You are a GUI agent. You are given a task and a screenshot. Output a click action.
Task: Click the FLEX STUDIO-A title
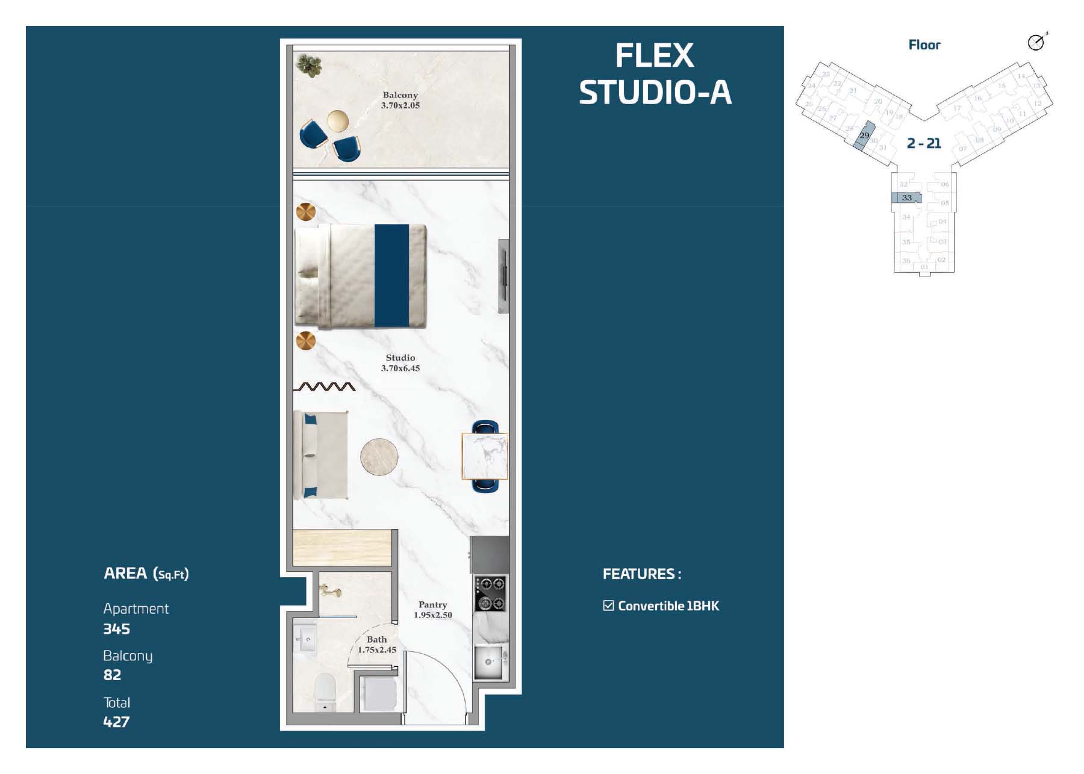[x=655, y=73]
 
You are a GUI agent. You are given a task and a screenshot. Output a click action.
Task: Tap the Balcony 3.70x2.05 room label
[x=400, y=100]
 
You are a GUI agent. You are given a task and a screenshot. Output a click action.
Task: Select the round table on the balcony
[x=338, y=122]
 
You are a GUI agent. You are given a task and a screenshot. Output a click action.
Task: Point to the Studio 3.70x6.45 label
[x=400, y=362]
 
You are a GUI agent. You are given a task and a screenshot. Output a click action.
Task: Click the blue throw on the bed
[x=391, y=276]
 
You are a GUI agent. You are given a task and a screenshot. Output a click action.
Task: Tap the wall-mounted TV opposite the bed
[x=503, y=276]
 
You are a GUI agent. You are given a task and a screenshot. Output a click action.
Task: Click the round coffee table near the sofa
[x=379, y=456]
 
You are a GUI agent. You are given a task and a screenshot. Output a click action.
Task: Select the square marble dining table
[x=485, y=456]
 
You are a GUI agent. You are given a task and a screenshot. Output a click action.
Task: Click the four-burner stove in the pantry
[x=490, y=593]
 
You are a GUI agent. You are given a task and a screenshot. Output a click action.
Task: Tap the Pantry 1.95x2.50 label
[x=432, y=609]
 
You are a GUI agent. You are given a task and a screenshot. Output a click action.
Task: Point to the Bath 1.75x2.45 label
[x=376, y=644]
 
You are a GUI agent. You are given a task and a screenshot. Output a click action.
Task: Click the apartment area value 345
[x=116, y=629]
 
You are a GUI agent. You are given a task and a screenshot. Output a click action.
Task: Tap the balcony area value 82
[x=112, y=675]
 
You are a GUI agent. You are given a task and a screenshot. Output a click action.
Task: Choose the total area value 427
[x=116, y=722]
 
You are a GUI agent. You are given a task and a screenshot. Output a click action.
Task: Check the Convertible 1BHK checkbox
[x=608, y=605]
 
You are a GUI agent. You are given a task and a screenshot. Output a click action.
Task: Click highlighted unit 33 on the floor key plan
[x=906, y=197]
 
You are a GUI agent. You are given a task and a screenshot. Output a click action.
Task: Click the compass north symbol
[x=1036, y=42]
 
